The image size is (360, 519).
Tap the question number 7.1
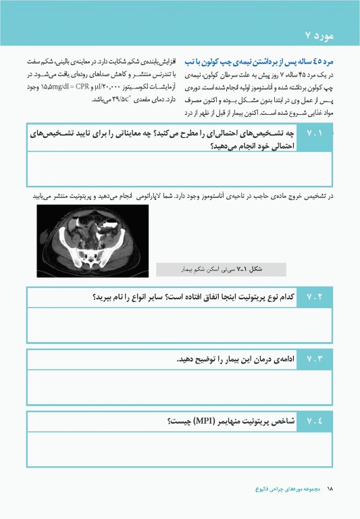[x=316, y=134]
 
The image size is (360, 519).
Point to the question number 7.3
[x=316, y=360]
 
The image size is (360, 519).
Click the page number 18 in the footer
[x=330, y=487]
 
